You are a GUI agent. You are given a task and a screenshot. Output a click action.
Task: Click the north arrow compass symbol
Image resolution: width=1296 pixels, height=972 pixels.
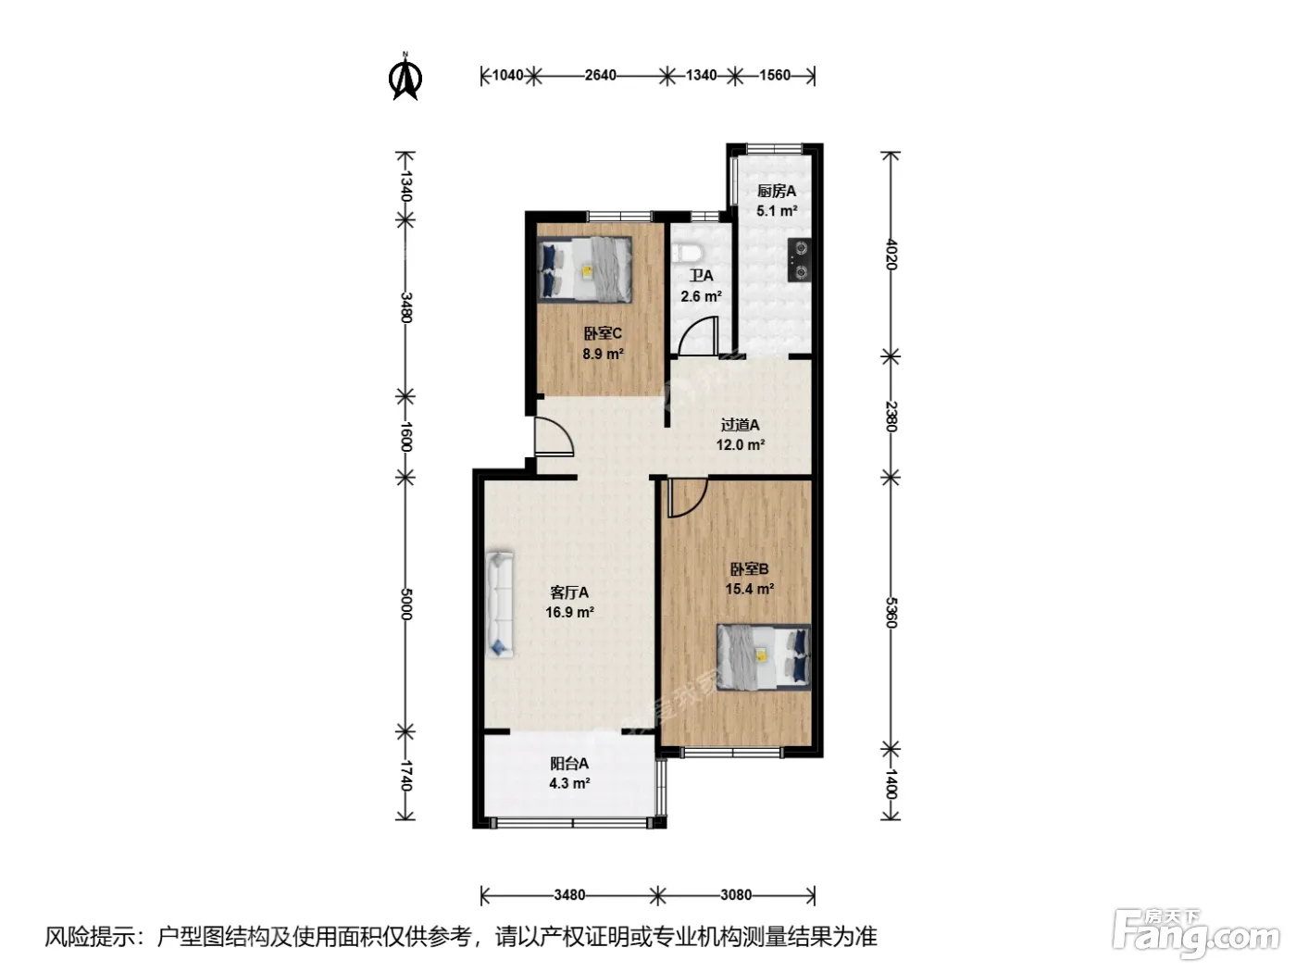click(x=405, y=77)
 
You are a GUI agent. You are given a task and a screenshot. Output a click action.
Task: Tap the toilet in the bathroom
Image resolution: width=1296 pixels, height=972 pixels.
click(x=689, y=253)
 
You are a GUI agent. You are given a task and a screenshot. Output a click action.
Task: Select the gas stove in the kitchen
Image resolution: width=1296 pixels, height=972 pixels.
click(x=799, y=260)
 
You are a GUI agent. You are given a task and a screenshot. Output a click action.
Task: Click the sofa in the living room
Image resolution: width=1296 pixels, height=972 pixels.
click(x=500, y=604)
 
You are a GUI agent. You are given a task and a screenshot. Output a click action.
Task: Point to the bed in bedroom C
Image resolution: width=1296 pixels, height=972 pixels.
click(x=584, y=268)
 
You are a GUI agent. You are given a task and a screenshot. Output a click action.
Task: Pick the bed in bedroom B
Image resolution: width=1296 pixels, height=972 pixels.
click(x=764, y=657)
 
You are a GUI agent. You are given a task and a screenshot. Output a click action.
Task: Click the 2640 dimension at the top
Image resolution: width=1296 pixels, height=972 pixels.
click(x=600, y=76)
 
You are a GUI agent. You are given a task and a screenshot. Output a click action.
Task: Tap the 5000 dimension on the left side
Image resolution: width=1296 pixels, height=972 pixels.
click(x=405, y=604)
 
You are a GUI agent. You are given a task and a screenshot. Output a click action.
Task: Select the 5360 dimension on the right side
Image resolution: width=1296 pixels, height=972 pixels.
click(x=891, y=613)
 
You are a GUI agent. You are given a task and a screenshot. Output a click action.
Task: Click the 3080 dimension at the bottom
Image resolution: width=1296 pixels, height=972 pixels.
click(x=736, y=894)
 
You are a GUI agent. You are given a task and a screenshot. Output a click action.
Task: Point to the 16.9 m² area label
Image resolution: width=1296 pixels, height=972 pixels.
click(x=569, y=612)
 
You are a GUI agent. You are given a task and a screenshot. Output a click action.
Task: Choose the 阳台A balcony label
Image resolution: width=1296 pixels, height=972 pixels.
click(x=569, y=763)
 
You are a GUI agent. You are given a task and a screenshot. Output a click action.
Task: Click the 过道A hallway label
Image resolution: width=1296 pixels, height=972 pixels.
click(x=740, y=424)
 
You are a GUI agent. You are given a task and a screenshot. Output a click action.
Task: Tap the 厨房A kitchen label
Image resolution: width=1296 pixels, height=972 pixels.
click(x=777, y=191)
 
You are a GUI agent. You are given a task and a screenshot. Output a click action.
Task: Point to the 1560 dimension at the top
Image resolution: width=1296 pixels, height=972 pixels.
click(x=775, y=76)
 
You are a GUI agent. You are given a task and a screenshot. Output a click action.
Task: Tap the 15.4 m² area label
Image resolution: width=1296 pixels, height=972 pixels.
click(x=749, y=589)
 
